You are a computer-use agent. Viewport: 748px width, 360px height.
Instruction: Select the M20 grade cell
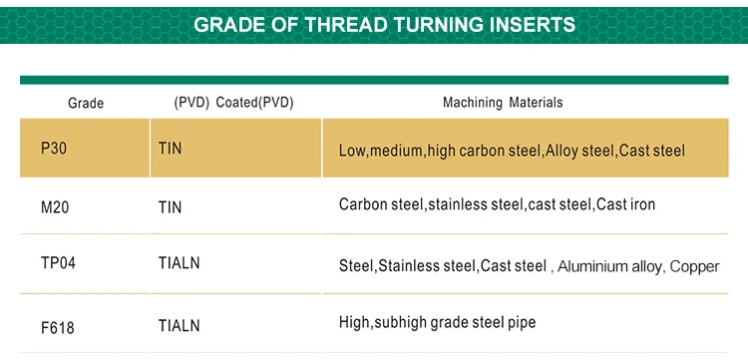point(56,206)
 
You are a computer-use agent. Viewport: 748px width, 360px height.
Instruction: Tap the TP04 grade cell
point(58,264)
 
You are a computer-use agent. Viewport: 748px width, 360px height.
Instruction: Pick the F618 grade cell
point(58,324)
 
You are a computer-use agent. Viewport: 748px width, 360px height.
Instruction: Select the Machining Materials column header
point(503,103)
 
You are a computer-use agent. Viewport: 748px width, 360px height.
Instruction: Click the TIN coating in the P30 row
point(171,149)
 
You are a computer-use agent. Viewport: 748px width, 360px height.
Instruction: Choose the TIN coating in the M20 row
point(171,206)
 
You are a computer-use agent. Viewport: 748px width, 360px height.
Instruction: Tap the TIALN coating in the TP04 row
point(179,264)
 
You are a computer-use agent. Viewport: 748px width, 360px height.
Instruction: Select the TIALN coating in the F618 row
point(179,324)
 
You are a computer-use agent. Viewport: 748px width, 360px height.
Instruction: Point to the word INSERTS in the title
point(527,24)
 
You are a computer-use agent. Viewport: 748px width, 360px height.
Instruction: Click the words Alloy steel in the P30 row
point(579,151)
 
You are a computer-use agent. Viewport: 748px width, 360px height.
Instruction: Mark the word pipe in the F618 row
point(521,323)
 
